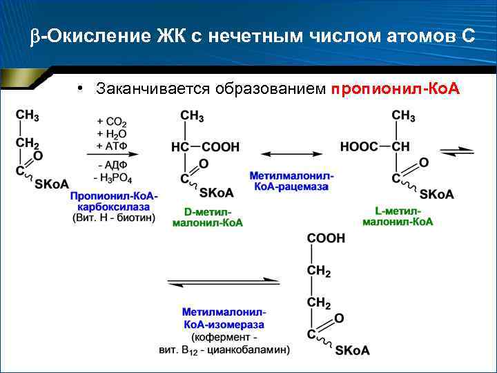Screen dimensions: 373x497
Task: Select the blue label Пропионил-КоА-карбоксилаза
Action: (114, 202)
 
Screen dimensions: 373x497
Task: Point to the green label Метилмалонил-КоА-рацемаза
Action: (291, 182)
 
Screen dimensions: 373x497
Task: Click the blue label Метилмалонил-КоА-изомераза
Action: (224, 318)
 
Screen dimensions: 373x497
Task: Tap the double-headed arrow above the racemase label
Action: (291, 152)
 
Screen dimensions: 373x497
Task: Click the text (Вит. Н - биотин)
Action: (114, 218)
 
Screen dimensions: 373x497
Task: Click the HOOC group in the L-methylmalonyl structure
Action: (360, 147)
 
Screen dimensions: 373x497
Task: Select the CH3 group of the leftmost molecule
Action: (28, 115)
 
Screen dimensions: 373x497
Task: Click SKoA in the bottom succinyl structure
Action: (352, 351)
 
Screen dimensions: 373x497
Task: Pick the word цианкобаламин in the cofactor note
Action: (253, 350)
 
